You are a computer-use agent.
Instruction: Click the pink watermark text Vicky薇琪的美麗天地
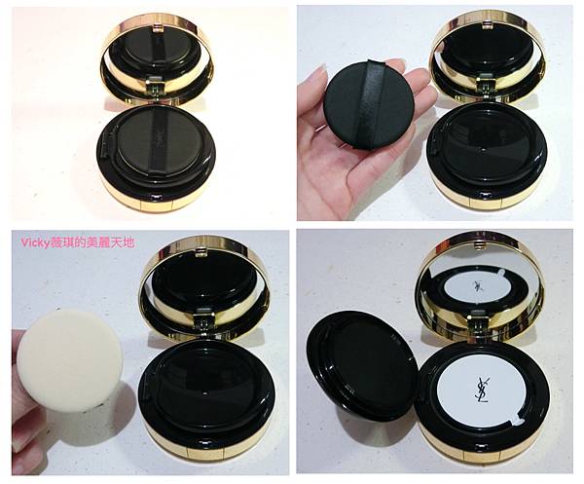click(x=77, y=242)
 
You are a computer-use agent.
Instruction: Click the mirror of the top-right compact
click(x=487, y=51)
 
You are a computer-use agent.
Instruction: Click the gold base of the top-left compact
click(x=157, y=193)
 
